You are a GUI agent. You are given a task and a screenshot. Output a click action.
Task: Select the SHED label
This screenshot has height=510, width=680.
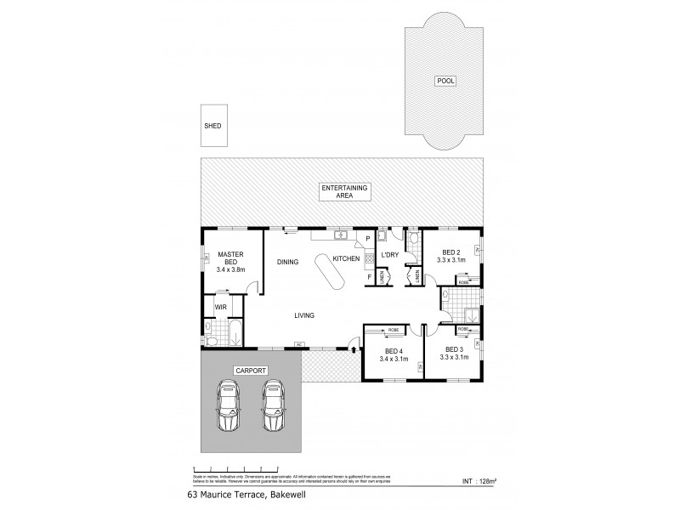(x=212, y=126)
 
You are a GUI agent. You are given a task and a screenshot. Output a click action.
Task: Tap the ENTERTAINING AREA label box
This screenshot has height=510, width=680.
(x=342, y=191)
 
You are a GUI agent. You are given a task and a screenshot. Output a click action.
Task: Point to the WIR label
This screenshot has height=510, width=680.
(x=220, y=307)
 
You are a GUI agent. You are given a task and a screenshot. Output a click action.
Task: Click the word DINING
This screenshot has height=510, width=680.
(x=287, y=263)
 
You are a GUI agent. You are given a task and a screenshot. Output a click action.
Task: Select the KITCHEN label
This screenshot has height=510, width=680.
(x=346, y=258)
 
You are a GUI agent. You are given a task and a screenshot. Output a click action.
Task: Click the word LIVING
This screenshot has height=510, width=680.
(x=304, y=315)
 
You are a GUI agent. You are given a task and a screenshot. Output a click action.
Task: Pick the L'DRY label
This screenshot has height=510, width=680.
(x=391, y=256)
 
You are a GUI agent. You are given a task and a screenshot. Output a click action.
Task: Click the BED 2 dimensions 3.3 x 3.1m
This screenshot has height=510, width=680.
(x=451, y=261)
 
